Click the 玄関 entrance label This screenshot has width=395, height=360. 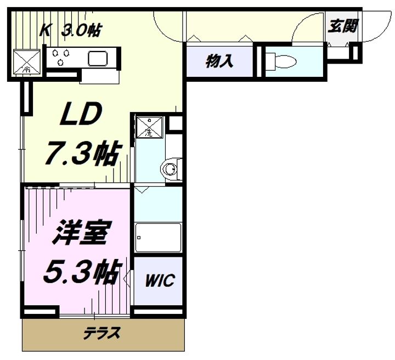(342, 26)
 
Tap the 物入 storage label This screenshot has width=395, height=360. (219, 61)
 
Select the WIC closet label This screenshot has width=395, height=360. (160, 280)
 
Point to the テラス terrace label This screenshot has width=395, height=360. (102, 333)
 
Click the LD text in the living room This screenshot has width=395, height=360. (81, 114)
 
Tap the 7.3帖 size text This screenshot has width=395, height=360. (83, 153)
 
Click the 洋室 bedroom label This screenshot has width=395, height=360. (78, 232)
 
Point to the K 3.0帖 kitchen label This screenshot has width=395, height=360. (71, 30)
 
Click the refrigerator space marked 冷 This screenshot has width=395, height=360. (27, 62)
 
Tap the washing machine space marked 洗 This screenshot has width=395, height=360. (150, 127)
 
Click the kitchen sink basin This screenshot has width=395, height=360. (98, 59)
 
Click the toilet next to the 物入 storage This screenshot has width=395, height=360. (281, 61)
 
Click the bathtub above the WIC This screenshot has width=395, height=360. (158, 238)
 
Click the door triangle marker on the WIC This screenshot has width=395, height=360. (127, 278)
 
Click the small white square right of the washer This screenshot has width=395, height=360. (176, 123)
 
